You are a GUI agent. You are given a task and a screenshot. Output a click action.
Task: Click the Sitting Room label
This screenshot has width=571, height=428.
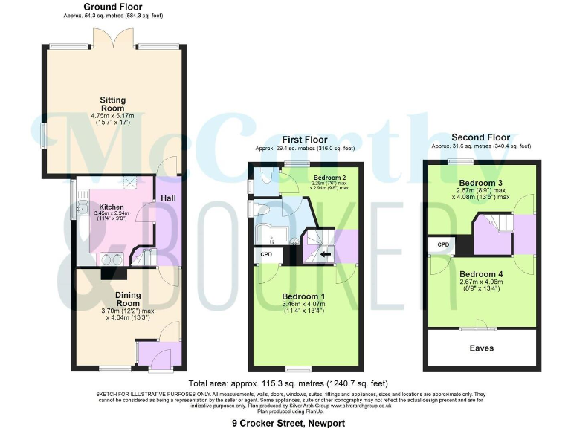[x=113, y=105]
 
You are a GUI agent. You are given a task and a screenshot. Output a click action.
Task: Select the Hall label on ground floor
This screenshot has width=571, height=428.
[x=169, y=198]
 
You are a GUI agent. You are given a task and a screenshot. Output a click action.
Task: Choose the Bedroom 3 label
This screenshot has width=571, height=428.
[x=483, y=183]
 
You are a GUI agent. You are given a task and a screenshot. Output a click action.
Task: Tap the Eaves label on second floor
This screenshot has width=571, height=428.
[x=481, y=347]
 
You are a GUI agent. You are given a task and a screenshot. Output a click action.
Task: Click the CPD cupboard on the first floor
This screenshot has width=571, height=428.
[x=266, y=254]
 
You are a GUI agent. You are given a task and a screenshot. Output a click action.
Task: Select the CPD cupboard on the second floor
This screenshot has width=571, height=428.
[x=442, y=244]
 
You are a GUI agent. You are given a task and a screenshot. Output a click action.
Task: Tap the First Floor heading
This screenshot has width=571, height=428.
[x=305, y=140]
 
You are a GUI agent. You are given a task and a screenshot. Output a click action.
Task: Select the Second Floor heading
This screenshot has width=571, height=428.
[x=481, y=138]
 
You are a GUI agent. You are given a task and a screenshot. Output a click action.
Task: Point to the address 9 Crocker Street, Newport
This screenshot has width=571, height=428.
[x=288, y=421]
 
